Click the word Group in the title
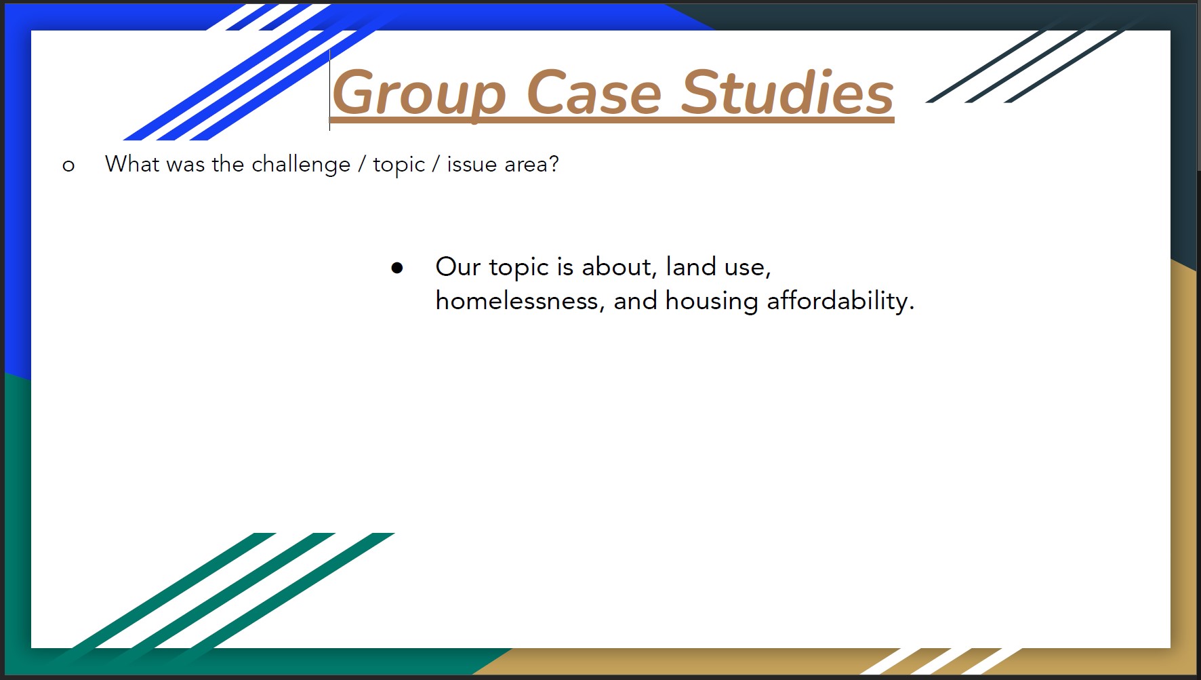tap(420, 96)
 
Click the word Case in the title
tap(594, 93)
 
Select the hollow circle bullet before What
tap(68, 165)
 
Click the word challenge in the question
tap(301, 165)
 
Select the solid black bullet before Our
tap(397, 268)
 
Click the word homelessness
tap(517, 300)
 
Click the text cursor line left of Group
tap(330, 89)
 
